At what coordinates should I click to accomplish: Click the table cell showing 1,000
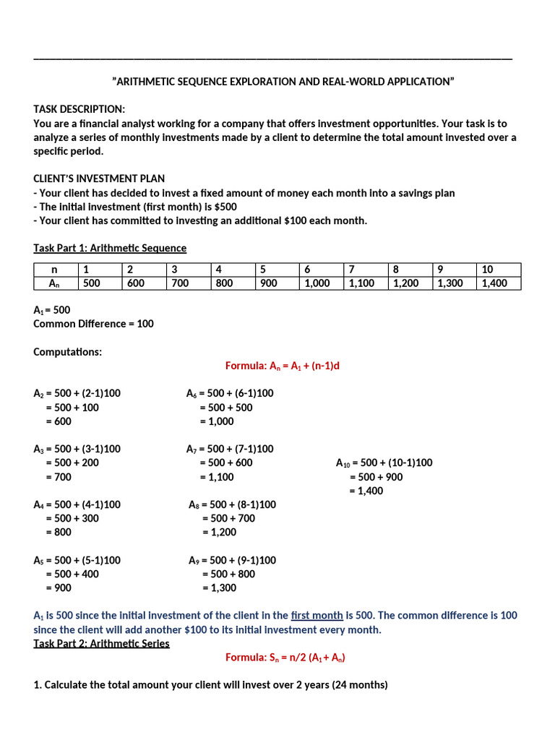click(319, 283)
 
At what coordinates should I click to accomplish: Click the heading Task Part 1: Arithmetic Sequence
click(110, 248)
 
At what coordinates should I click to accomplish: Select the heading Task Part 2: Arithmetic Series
click(101, 643)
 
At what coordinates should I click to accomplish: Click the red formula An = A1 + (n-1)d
click(282, 366)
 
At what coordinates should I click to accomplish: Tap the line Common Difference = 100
click(93, 324)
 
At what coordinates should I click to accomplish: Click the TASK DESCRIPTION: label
click(79, 109)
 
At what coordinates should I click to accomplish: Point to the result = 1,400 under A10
click(366, 491)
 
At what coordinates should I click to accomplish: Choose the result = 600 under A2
click(59, 421)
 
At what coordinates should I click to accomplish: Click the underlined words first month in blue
click(317, 616)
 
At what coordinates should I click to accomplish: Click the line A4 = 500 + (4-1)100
click(77, 504)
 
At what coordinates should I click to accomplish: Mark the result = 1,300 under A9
click(219, 588)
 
